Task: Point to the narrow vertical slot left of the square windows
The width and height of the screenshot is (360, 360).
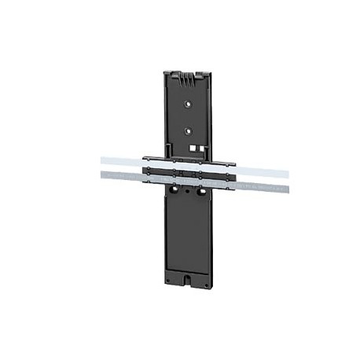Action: coord(168,148)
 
